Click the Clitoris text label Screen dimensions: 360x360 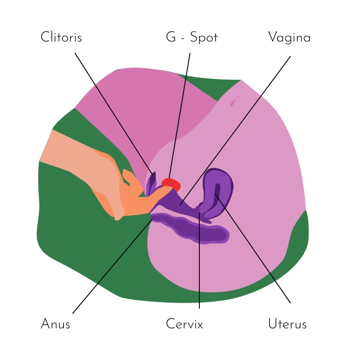point(61,37)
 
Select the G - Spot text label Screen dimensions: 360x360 point(192,37)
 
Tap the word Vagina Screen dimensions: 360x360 point(289,37)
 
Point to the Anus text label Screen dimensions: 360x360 point(55,324)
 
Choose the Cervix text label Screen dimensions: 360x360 point(184,324)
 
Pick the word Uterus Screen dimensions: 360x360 point(287,324)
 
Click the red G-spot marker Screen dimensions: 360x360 point(171,184)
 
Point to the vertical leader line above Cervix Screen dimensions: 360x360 point(199,270)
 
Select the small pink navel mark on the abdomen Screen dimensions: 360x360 point(233,102)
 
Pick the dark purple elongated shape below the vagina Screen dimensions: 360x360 point(198,229)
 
